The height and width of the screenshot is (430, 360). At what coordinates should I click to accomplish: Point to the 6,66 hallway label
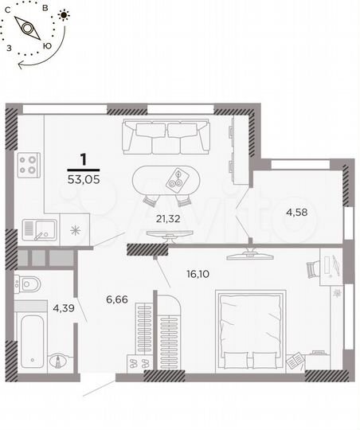coord(117,300)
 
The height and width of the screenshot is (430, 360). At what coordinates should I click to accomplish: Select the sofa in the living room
coord(165,136)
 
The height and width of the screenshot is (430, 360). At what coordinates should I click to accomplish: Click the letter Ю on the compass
coord(47,45)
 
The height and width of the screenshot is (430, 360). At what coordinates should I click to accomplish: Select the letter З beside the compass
coord(9,48)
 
